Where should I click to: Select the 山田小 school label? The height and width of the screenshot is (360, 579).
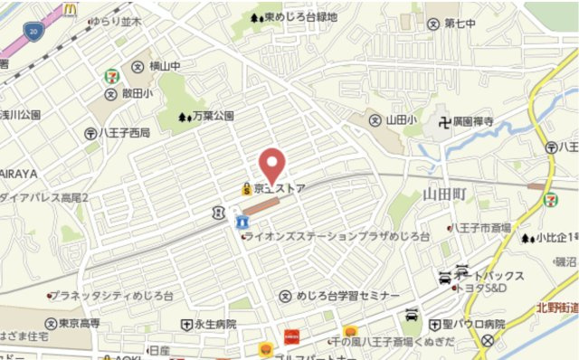pyautogui.click(x=399, y=119)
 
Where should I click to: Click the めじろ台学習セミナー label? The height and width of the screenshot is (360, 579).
pyautogui.click(x=347, y=296)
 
